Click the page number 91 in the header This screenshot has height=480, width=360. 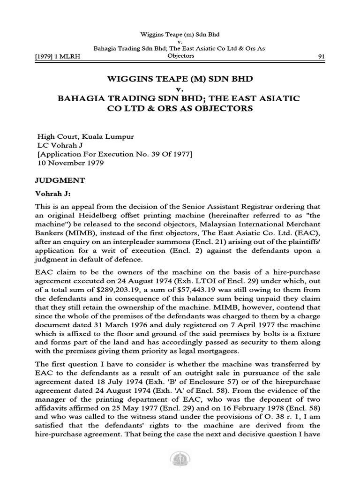322,57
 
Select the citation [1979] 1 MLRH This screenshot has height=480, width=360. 58,57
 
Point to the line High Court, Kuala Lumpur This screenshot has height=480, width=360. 86,136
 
